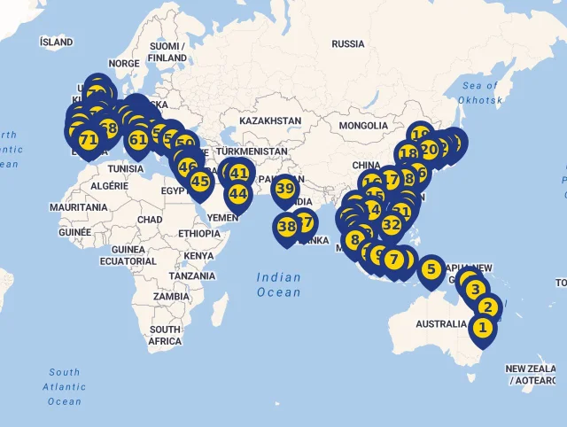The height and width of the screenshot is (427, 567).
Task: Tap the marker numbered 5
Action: [431, 269]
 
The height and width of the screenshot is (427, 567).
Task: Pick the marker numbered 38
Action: [287, 227]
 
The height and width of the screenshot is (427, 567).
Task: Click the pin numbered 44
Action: [238, 194]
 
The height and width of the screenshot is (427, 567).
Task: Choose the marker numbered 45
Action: [200, 182]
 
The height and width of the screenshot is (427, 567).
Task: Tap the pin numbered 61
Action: [138, 139]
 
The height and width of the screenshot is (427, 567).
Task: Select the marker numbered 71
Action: [89, 140]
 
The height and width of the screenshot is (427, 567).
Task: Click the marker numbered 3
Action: [476, 290]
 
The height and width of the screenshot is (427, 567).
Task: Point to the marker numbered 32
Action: [391, 224]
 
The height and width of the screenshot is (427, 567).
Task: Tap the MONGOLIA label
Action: [363, 126]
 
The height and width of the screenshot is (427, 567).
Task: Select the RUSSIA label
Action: [348, 43]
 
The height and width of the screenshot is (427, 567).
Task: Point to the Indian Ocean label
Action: [279, 284]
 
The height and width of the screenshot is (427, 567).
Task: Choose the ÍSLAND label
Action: [57, 42]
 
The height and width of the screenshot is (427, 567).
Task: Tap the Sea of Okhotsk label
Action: [481, 94]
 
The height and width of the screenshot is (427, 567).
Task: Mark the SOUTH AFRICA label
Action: [165, 335]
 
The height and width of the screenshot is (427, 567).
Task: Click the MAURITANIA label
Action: [79, 206]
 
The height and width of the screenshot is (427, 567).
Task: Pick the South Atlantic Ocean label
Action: [65, 387]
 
